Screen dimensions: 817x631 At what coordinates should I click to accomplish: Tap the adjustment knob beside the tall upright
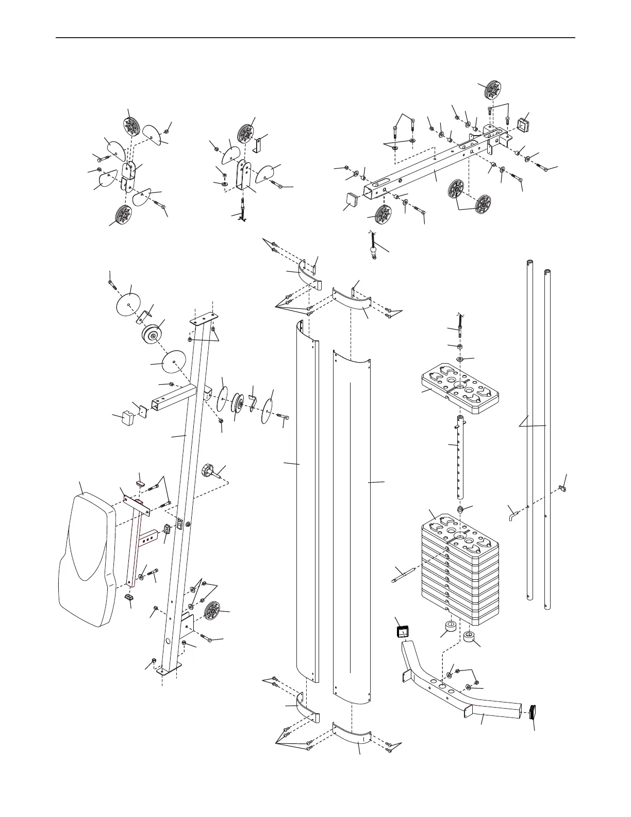[x=209, y=471]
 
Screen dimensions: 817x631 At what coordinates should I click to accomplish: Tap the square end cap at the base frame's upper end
[x=402, y=631]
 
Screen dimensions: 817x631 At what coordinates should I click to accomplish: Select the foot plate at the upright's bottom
[x=169, y=669]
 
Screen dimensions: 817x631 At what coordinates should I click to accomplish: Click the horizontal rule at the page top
[x=315, y=38]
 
